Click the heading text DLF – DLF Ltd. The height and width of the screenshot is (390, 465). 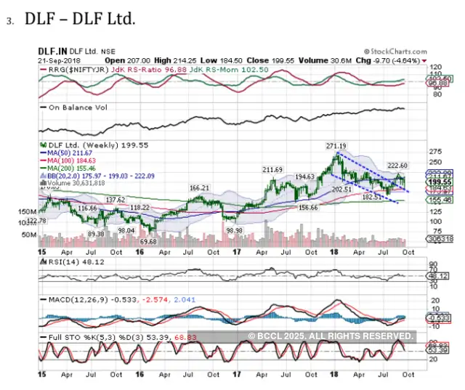pyautogui.click(x=80, y=20)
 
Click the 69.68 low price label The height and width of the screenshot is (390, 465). pyautogui.click(x=148, y=240)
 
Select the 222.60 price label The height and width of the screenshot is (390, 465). pyautogui.click(x=395, y=166)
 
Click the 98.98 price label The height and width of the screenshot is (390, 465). pyautogui.click(x=233, y=229)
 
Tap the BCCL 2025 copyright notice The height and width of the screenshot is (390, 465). pyautogui.click(x=331, y=336)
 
